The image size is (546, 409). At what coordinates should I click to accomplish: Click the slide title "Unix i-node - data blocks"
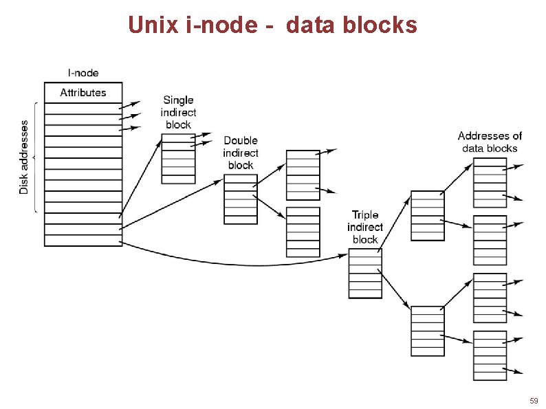tap(272, 25)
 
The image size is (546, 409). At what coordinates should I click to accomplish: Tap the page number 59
tap(534, 400)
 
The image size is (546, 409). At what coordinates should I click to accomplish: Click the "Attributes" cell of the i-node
tap(83, 93)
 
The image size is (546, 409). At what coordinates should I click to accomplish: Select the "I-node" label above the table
tap(82, 72)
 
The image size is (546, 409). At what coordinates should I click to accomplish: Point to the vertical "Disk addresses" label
tap(25, 157)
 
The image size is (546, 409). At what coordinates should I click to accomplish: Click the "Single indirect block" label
tap(178, 112)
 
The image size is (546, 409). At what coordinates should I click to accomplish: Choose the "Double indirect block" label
tap(241, 153)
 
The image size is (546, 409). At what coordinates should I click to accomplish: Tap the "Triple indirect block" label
tap(364, 227)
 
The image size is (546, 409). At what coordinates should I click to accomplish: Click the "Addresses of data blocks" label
tap(490, 142)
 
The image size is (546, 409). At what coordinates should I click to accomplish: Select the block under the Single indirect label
tap(178, 159)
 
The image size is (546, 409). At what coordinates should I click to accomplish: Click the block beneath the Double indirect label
tap(241, 199)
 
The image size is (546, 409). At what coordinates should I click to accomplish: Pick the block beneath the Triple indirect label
tap(364, 273)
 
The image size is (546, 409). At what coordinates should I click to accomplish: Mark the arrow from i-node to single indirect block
tap(141, 179)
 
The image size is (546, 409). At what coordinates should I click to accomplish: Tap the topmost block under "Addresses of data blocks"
tap(490, 183)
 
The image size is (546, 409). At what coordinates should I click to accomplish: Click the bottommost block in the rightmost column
tap(490, 355)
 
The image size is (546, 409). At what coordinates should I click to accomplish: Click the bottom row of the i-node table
tap(83, 241)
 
